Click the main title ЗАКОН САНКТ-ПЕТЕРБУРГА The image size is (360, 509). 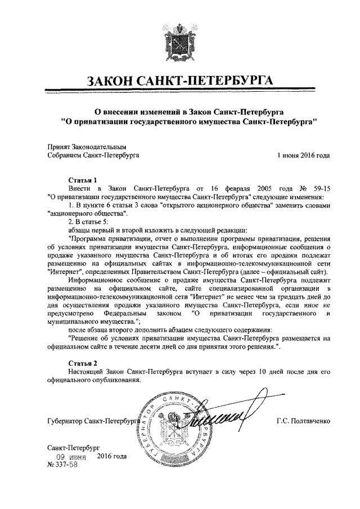pos(179,82)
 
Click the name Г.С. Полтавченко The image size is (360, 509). pos(303,421)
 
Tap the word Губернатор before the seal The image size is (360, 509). pos(66,421)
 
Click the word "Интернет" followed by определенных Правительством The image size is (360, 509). pos(65,272)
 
